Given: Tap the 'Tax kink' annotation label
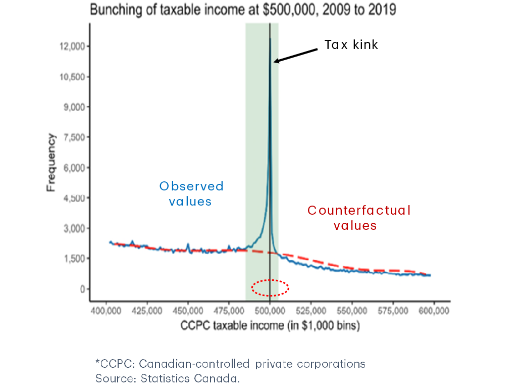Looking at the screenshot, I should (x=351, y=45).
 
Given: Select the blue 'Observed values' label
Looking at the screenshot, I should (x=191, y=193).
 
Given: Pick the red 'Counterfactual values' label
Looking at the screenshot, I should (x=358, y=218).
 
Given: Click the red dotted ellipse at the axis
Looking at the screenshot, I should (x=270, y=288).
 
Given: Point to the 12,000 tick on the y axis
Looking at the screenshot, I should (x=74, y=46).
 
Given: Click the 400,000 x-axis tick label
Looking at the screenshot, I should (x=106, y=310).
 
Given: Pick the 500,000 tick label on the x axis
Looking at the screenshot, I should (x=270, y=310).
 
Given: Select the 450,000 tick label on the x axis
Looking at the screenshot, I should (x=188, y=310).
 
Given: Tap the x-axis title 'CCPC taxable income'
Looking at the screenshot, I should (x=270, y=326).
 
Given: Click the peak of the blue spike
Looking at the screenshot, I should (x=270, y=39).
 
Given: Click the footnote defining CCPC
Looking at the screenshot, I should (x=230, y=364).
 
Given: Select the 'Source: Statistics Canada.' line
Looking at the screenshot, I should (x=168, y=378).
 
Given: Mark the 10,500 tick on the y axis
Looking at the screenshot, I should (x=74, y=77).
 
